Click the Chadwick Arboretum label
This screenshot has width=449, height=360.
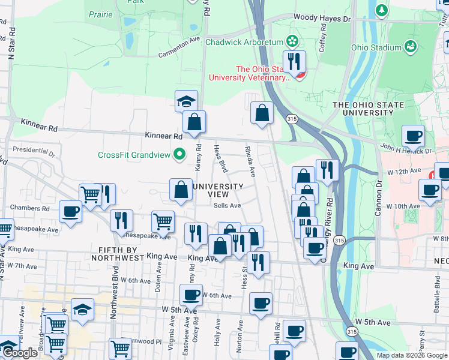(x=244, y=42)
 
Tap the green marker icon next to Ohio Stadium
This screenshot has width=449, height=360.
(x=411, y=47)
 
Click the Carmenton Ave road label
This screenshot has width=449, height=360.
(x=179, y=47)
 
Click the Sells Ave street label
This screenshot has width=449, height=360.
(x=227, y=205)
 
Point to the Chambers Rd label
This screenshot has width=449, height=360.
(x=29, y=208)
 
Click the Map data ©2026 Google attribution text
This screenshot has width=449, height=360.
(x=412, y=355)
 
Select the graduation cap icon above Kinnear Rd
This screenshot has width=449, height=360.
(x=187, y=101)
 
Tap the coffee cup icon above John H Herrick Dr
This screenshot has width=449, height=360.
(x=413, y=136)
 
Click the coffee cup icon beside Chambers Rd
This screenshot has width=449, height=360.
(x=70, y=212)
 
